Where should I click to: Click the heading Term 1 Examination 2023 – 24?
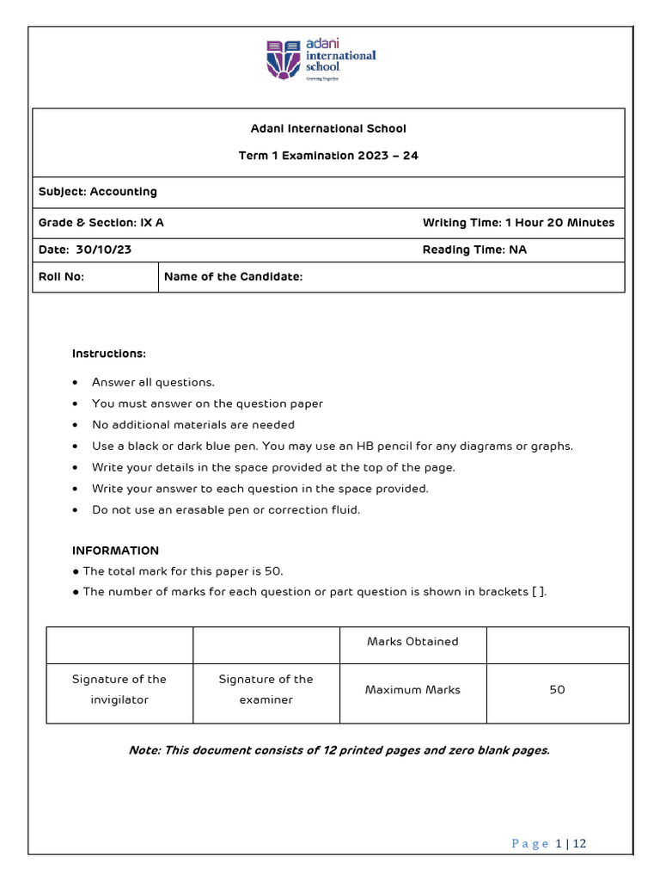[x=328, y=156]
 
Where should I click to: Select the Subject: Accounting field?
[x=98, y=192]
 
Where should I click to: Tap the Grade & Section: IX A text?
[x=101, y=223]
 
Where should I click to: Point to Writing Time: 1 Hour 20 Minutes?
[x=518, y=223]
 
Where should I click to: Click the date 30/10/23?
[x=109, y=250]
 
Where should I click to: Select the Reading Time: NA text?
[x=474, y=250]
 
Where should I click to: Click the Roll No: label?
[x=62, y=277]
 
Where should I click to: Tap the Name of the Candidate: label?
[x=233, y=277]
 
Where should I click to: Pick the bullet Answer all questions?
[x=153, y=382]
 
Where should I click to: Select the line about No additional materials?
[x=193, y=424]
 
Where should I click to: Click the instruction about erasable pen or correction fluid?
[x=226, y=509]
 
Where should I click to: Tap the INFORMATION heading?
[x=115, y=551]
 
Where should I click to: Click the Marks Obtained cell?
[x=412, y=642]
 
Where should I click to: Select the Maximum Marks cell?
[x=412, y=690]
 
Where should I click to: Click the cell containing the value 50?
[x=557, y=690]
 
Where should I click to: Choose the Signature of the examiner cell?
[x=266, y=689]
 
